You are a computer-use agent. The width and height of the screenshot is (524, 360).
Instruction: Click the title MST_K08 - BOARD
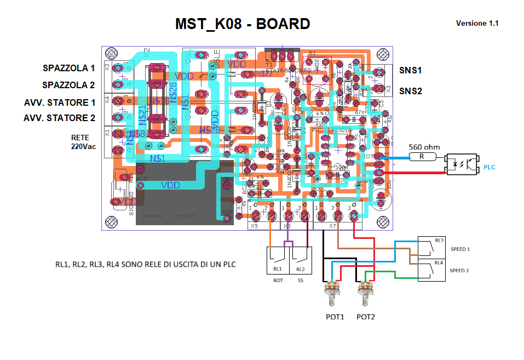pos(243,24)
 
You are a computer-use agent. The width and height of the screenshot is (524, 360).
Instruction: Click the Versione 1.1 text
pos(477,24)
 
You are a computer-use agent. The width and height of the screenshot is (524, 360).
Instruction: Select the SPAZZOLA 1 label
pos(69,68)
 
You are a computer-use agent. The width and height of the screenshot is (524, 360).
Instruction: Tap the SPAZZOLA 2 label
pos(69,85)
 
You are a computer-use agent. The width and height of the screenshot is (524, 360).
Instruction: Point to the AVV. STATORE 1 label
pos(60,102)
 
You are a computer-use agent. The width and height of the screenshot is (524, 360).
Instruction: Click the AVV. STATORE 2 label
pos(60,118)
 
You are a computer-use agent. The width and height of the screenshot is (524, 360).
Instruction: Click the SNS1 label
pos(410,71)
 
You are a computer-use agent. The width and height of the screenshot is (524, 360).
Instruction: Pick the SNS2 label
pos(410,91)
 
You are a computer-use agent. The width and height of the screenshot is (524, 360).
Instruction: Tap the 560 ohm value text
pos(424,147)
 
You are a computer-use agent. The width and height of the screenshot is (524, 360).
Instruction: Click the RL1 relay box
pos(278,260)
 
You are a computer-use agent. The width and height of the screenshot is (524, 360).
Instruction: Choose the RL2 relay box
pos(301,260)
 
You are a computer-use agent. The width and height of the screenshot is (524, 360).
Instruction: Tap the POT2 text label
pos(366,317)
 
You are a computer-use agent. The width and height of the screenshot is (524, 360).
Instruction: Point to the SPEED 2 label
pos(460,271)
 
